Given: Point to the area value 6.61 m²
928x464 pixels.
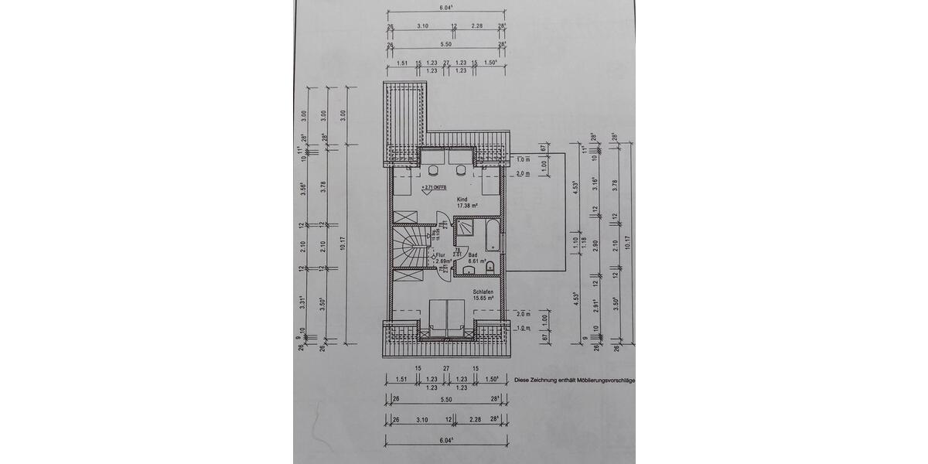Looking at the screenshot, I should [476, 261].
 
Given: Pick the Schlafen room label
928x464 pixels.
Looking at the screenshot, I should [483, 292].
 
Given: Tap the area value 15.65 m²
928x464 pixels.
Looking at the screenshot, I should [484, 299].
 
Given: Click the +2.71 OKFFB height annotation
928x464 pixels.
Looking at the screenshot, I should [434, 188].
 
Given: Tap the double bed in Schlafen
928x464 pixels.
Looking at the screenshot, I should [446, 317].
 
